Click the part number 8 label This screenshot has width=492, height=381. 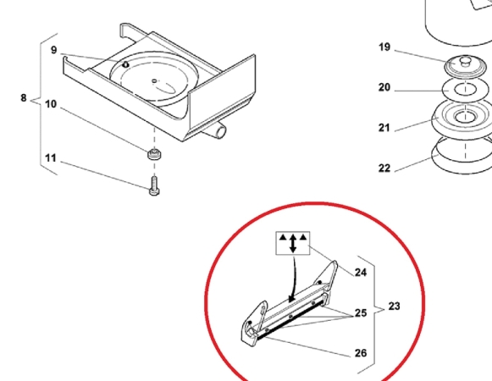point(24,98)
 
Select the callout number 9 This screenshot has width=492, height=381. point(54,50)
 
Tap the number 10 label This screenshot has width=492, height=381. point(51,104)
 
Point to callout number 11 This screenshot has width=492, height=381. point(51,158)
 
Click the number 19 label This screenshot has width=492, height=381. point(384,47)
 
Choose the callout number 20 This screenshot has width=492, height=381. point(384,87)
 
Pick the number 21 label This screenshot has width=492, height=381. point(384,128)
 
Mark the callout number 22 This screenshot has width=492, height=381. point(384,168)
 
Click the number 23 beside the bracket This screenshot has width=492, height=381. point(394,306)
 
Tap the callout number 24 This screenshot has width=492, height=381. point(361,273)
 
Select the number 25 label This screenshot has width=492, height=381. point(361,313)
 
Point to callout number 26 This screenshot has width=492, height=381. point(361,353)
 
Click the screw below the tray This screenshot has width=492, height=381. point(154,186)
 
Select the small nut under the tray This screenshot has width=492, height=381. point(154,154)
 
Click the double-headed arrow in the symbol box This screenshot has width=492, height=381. point(293,243)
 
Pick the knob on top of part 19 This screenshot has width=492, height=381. point(465,61)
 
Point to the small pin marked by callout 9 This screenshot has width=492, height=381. point(125,64)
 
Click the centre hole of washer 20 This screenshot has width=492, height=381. point(466,90)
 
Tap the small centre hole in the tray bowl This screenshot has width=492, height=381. point(154,81)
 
